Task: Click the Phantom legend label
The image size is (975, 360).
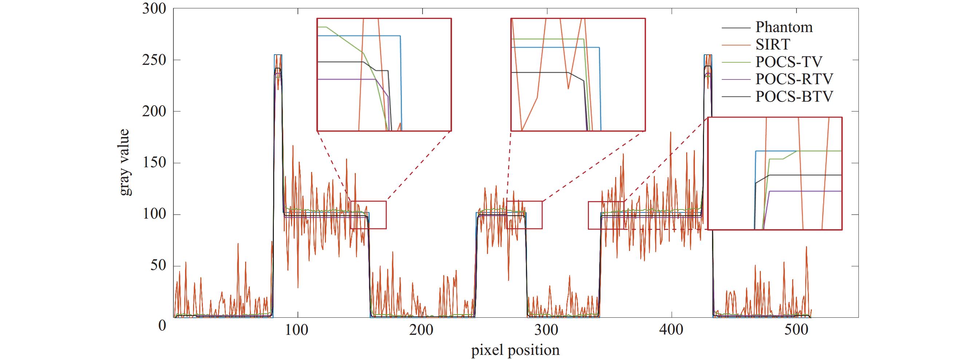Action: tap(784, 27)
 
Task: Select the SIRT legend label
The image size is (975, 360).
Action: tap(772, 45)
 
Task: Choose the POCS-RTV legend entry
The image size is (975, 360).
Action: tap(794, 79)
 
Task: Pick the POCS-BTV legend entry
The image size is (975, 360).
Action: tap(794, 97)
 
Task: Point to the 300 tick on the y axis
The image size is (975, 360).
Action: tap(154, 9)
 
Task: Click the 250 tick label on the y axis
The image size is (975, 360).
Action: tap(154, 60)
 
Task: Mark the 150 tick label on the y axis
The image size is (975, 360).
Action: tap(154, 163)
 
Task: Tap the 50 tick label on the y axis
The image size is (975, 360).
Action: tap(158, 266)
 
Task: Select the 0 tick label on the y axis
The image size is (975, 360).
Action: tap(162, 325)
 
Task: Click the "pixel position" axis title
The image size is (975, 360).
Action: tap(515, 350)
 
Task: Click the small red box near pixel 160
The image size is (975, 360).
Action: tap(368, 215)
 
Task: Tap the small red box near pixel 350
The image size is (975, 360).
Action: tap(606, 215)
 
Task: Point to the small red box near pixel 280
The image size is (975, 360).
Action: tap(524, 215)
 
